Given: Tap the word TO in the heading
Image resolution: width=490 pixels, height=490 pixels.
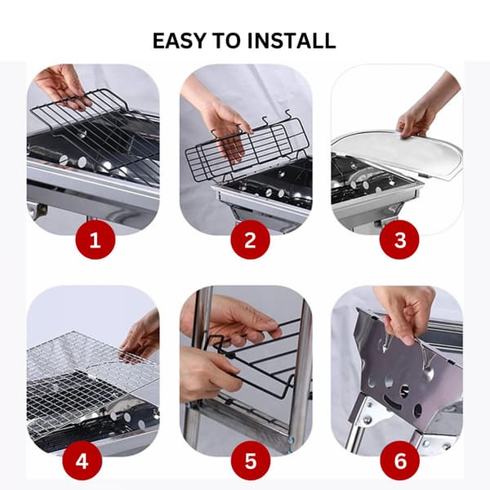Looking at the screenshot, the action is [226, 41].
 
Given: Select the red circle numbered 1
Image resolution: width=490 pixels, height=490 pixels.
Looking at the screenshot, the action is [96, 239].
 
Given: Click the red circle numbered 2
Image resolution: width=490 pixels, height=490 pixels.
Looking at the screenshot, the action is [250, 239].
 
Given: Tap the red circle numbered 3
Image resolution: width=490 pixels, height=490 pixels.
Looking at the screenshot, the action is [399, 239].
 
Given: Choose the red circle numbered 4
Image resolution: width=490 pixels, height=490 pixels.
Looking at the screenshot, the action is [82, 461].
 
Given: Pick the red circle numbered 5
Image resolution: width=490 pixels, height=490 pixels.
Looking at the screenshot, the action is [251, 461].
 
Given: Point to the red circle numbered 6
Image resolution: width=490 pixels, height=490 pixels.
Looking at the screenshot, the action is [399, 461].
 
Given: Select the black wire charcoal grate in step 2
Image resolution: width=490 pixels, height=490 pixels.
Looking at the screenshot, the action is [247, 147].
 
